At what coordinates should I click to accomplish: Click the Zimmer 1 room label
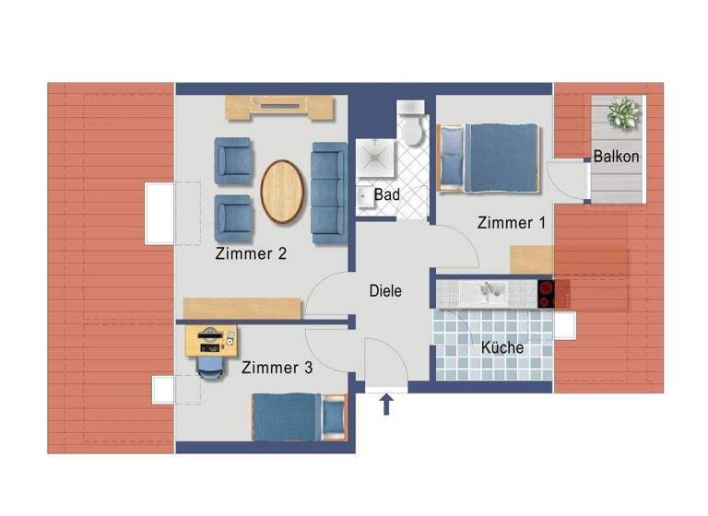(512, 223)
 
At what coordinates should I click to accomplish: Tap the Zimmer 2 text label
(250, 253)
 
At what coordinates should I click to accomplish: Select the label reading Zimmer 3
(277, 368)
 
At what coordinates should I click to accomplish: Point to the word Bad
(386, 195)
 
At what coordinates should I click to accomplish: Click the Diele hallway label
(385, 290)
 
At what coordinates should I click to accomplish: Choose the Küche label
(502, 347)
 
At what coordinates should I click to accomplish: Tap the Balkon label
(616, 157)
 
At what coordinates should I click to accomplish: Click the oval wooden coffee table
(281, 192)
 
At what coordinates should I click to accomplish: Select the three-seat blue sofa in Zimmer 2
(329, 193)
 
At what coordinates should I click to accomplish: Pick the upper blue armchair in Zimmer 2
(232, 159)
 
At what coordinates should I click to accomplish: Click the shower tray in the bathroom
(376, 158)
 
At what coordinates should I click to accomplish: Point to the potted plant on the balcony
(622, 113)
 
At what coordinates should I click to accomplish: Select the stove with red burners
(547, 293)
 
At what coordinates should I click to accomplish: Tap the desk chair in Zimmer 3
(210, 365)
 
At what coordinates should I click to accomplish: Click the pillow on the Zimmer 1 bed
(452, 158)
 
